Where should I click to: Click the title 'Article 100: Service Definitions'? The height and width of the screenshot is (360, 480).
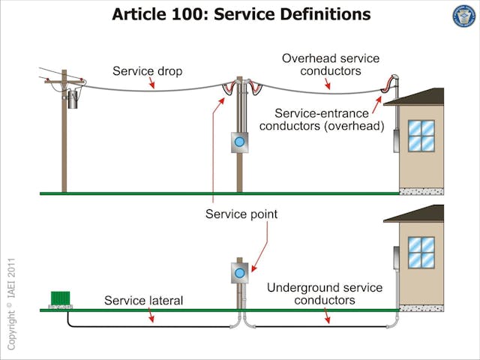click(241, 13)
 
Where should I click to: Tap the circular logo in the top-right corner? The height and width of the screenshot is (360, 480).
click(464, 16)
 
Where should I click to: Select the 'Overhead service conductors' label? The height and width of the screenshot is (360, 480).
click(330, 64)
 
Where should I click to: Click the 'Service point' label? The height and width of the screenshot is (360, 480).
click(241, 214)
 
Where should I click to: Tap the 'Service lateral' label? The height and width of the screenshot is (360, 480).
click(143, 301)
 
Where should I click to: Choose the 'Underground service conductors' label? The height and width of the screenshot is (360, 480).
click(325, 294)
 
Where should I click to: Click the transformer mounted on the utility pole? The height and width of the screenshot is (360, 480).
click(73, 99)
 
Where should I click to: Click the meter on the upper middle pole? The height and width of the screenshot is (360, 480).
click(239, 141)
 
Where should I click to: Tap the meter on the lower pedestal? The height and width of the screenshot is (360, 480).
click(239, 273)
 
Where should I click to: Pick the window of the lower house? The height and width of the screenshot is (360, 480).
click(421, 253)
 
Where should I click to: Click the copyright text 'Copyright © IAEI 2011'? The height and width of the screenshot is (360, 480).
click(11, 304)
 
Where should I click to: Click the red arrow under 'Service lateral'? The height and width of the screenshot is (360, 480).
click(151, 316)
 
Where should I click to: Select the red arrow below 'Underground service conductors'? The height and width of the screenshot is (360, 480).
click(327, 316)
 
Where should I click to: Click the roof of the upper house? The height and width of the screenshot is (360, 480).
click(416, 96)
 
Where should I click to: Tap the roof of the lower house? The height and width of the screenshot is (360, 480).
click(416, 213)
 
